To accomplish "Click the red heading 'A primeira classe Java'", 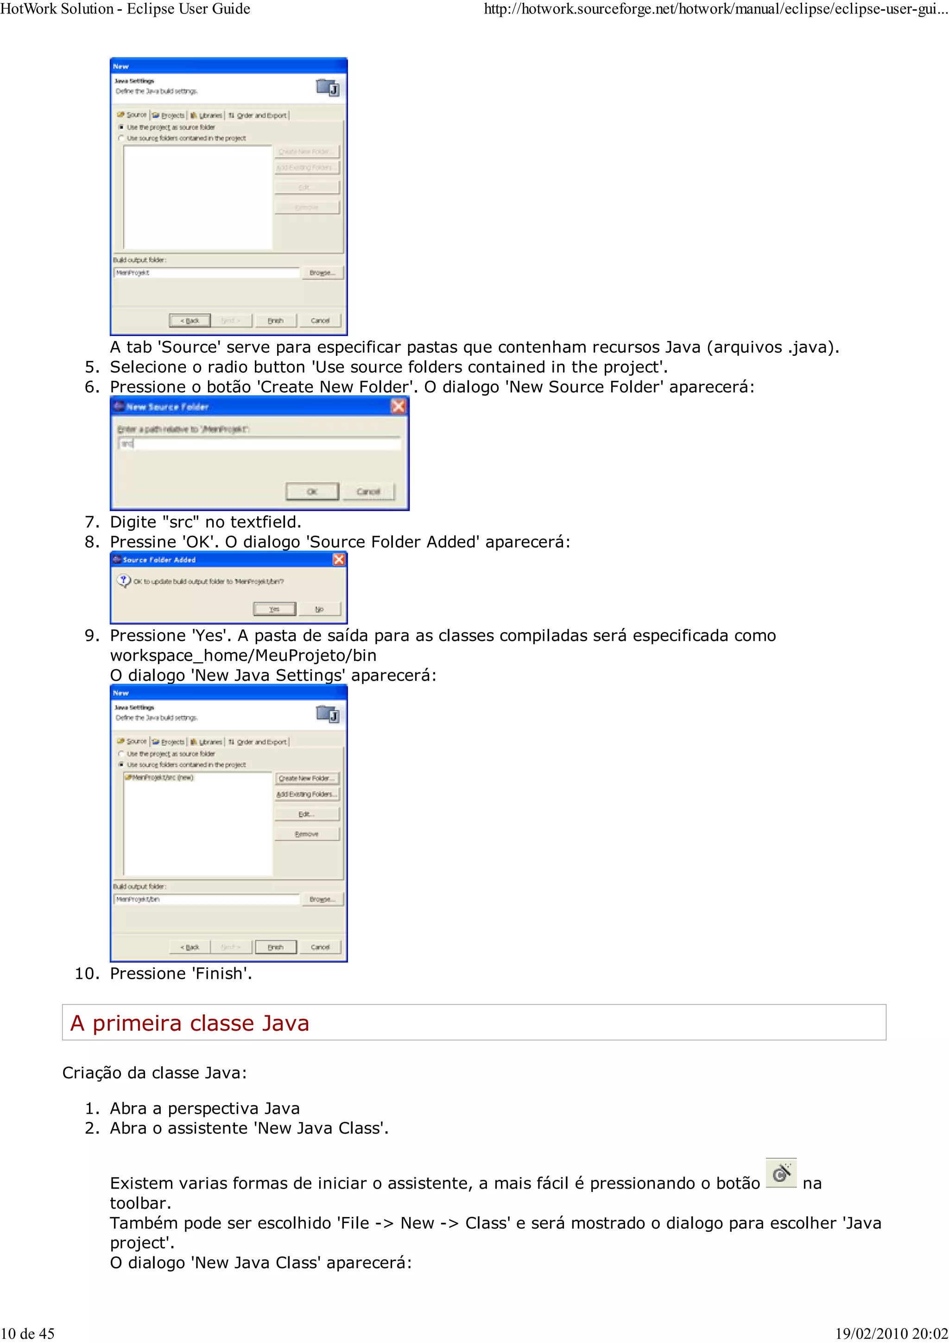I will pyautogui.click(x=190, y=1023).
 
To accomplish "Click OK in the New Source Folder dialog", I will pyautogui.click(x=312, y=491).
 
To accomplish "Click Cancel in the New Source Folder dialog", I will pyautogui.click(x=368, y=491).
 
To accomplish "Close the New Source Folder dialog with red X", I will pyautogui.click(x=398, y=406).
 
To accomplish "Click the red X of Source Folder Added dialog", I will pyautogui.click(x=339, y=560).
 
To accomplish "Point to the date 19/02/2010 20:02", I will pyautogui.click(x=891, y=1333).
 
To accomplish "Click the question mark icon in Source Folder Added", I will pyautogui.click(x=123, y=581).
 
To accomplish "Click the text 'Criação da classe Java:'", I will pyautogui.click(x=154, y=1073).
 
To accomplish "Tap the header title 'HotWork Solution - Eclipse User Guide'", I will pyautogui.click(x=125, y=9).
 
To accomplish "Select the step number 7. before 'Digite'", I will pyautogui.click(x=94, y=522).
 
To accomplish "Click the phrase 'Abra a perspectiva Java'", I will pyautogui.click(x=205, y=1109).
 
